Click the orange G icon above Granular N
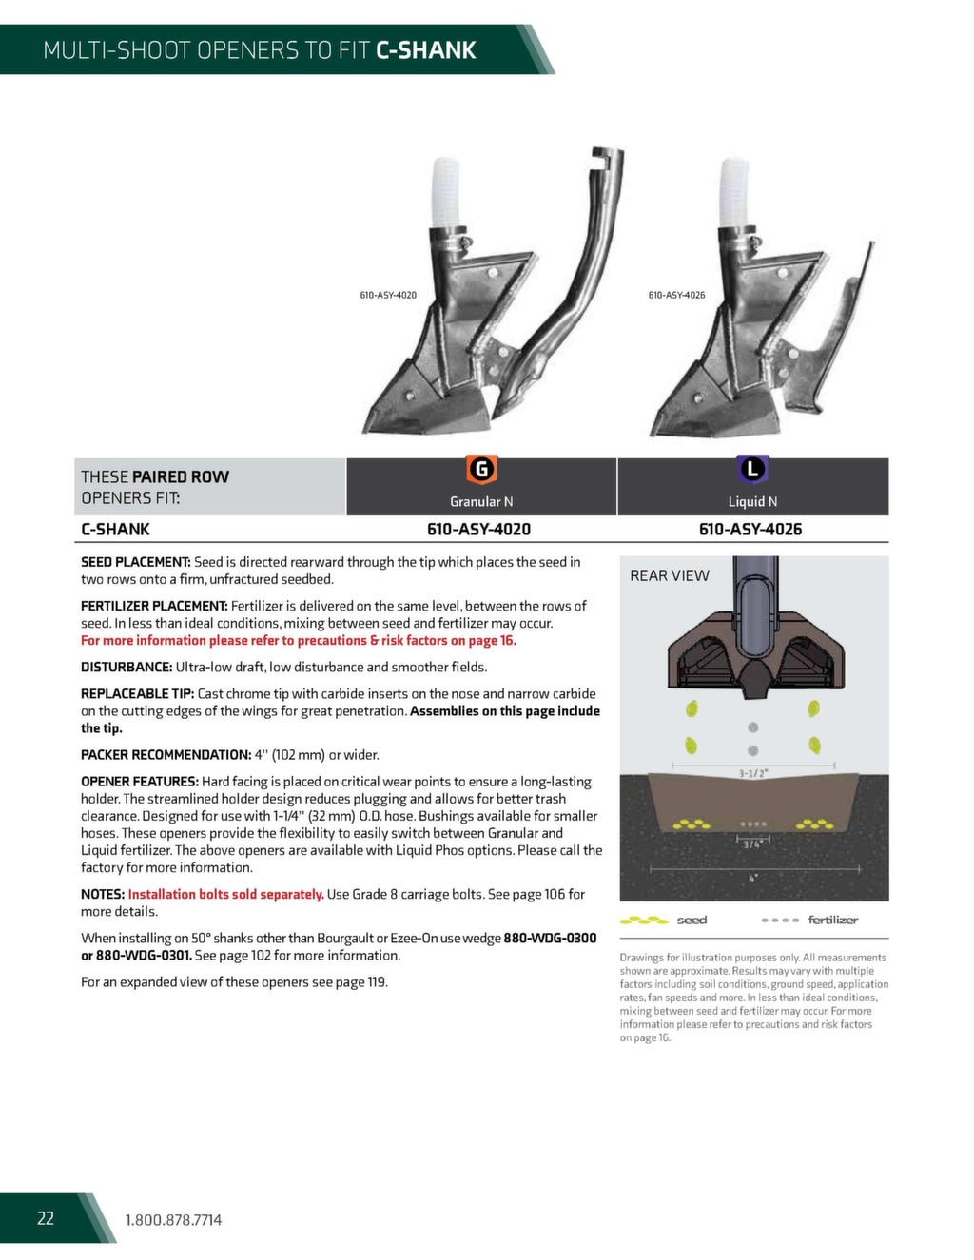tap(481, 469)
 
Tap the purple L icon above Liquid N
tap(752, 469)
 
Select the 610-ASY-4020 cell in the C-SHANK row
tap(478, 530)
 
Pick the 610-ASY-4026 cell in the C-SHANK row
tap(750, 530)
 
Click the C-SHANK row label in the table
tap(115, 530)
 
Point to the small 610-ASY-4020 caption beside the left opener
tap(388, 295)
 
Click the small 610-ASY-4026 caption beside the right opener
tap(676, 295)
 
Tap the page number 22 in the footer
tap(46, 1218)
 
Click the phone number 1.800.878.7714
tap(173, 1220)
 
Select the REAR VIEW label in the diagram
tap(670, 575)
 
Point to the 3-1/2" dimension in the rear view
tap(753, 773)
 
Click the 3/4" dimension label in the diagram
tap(752, 843)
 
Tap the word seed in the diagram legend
tap(692, 921)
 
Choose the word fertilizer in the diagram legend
tap(832, 921)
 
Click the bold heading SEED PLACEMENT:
tap(136, 562)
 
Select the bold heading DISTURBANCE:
tap(127, 667)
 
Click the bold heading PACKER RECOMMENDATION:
tap(166, 755)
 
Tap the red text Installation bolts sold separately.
tap(225, 894)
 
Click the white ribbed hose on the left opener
tap(445, 190)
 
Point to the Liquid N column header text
tap(752, 502)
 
